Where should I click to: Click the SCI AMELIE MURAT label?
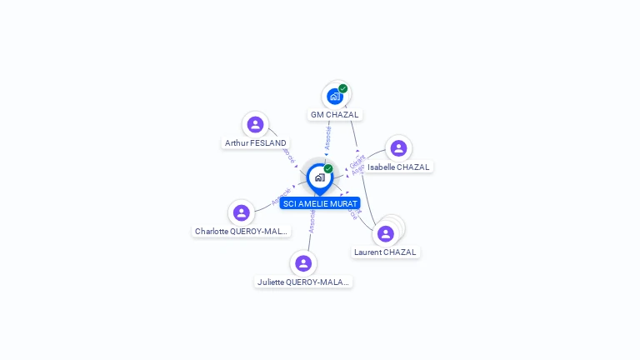coord(320,203)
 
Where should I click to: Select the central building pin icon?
coord(319,177)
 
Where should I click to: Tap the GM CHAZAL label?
coord(334,114)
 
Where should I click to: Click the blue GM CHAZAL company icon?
coord(334,97)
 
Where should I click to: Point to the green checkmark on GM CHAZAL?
coord(342,88)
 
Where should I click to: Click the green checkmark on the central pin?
coord(328,168)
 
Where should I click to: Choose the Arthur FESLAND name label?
coord(256,143)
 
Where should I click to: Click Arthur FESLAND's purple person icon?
coord(256,125)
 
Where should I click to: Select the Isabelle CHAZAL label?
coord(398,167)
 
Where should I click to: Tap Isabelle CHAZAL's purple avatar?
coord(398,148)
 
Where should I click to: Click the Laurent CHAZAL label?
coord(385,252)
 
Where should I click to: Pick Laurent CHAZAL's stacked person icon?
coord(386,233)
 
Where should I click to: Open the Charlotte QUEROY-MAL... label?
coord(242,231)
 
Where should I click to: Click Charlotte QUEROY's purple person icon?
coord(242,212)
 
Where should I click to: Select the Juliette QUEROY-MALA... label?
coord(303,282)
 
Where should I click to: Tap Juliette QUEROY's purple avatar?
coord(303,263)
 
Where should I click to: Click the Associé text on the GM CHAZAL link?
coord(328,137)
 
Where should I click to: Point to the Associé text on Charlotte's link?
coord(282,196)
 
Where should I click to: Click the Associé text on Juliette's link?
coord(312,221)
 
